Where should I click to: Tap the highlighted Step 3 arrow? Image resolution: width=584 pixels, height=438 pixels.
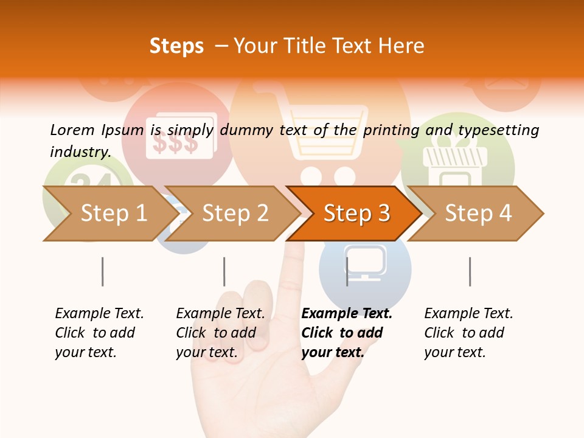click(356, 214)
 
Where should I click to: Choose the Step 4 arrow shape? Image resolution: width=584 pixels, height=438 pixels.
click(478, 214)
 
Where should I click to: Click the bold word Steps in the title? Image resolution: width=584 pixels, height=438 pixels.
click(176, 46)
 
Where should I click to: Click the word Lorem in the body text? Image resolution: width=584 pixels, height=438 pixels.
click(72, 130)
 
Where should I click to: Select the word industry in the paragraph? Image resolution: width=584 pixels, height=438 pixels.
click(80, 151)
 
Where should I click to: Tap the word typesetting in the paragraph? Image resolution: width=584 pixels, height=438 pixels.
click(498, 130)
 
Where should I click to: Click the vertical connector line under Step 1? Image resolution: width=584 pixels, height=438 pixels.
click(102, 271)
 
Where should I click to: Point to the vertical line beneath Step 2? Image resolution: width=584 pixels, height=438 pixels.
click(224, 271)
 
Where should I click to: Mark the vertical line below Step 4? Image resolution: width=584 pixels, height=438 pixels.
click(470, 271)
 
